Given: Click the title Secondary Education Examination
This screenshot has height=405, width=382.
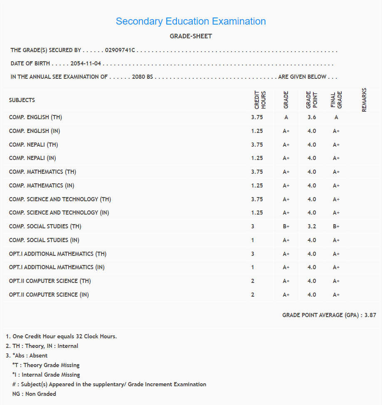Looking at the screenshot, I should (191, 21).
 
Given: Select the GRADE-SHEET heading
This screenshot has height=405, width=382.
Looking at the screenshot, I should (191, 36).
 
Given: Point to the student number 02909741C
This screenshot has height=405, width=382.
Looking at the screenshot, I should (120, 50).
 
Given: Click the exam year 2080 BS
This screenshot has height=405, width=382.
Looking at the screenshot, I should (142, 77).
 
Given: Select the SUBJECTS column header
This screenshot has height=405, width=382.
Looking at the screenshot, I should (22, 100).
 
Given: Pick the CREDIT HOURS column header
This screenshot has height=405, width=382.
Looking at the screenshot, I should (260, 100).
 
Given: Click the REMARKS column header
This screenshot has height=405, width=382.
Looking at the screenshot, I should (364, 100).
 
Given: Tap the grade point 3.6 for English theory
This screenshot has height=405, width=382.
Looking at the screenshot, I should (312, 117).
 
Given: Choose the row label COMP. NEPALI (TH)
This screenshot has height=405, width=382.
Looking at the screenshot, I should (33, 145).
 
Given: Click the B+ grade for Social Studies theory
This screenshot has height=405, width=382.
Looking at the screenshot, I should (286, 227).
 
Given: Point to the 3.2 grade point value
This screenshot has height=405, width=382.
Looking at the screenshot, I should (312, 227).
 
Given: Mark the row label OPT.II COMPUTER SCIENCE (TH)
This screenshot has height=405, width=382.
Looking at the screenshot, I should (50, 281).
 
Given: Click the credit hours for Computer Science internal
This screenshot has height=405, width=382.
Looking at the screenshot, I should (253, 295).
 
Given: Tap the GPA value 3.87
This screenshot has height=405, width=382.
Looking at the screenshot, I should (370, 315).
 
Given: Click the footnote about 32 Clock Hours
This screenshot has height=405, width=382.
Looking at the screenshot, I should (61, 336).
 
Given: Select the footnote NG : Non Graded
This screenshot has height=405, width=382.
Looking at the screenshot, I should (34, 394).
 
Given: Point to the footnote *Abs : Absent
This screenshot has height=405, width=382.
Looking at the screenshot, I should (30, 355).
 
